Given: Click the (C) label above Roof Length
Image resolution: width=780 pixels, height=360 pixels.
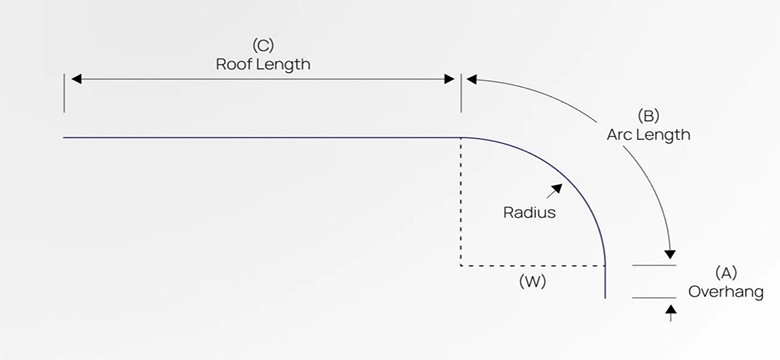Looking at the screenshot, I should (263, 45).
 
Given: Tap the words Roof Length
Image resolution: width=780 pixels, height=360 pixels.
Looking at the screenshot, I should (263, 64).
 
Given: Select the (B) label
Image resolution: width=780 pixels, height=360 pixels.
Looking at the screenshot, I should (648, 115).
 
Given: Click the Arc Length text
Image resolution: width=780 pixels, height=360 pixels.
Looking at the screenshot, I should (648, 134).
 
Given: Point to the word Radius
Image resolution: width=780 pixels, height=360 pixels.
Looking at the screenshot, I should (529, 212).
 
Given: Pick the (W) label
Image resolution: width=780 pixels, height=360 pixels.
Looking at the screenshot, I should (531, 282).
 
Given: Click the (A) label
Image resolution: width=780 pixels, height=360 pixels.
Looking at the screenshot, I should (727, 272).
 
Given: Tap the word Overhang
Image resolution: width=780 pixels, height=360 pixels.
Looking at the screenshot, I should (726, 292).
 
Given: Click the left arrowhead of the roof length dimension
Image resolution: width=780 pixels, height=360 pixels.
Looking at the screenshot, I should (73, 78).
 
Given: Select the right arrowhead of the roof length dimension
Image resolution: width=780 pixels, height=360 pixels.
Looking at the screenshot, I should (451, 78).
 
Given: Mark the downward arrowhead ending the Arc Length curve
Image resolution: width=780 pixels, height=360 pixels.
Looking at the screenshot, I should (671, 252).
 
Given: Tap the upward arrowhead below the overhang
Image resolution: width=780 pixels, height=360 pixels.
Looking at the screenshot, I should (670, 311).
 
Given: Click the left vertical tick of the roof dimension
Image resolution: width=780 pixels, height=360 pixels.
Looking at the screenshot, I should (64, 92).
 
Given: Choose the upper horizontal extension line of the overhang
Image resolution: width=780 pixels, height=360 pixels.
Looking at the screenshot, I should (654, 266).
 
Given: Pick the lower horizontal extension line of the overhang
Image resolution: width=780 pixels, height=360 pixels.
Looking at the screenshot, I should (654, 297).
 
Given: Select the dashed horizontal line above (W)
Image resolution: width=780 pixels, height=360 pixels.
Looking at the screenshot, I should (531, 266).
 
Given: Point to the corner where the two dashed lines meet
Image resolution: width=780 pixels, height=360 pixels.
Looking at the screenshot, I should (460, 266).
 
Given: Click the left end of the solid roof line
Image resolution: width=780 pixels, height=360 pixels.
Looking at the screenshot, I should (65, 137).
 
